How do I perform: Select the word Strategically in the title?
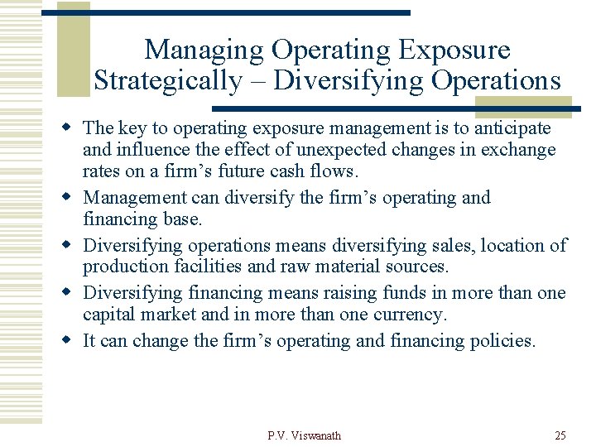167,81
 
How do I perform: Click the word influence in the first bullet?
148,150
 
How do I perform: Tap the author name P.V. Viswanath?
304,435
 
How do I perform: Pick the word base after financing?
185,219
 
